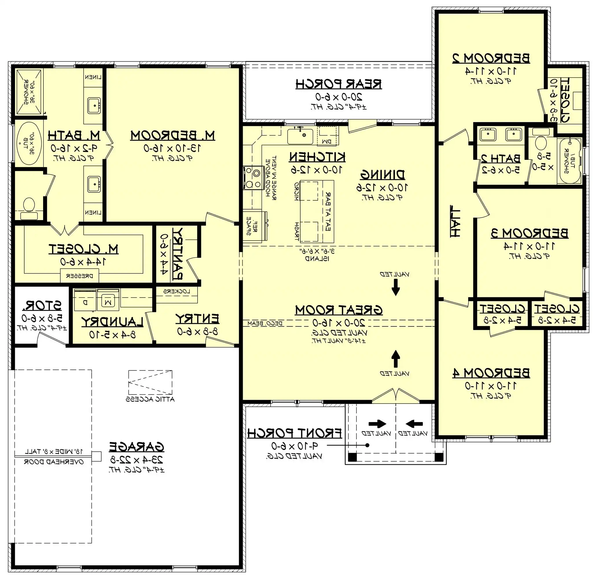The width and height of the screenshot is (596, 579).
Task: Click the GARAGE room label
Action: point(137,447)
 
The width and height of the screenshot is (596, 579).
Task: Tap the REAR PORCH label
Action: point(339,84)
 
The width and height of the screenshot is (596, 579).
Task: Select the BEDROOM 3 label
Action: point(529,233)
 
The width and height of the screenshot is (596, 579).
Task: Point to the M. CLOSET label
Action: point(84,249)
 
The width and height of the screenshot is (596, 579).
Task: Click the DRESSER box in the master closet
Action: point(80,276)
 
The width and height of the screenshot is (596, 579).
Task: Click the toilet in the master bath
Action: point(29,205)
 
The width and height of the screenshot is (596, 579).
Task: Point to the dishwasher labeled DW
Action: point(328,136)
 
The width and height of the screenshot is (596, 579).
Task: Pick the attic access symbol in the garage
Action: point(150,382)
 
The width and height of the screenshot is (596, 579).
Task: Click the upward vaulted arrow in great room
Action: point(395,359)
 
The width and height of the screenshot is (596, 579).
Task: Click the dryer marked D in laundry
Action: point(86,303)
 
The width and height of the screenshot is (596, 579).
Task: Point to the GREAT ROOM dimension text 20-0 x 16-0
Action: point(339,323)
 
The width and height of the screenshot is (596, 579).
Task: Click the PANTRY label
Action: point(178,253)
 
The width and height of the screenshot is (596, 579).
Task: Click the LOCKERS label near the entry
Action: point(176,291)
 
